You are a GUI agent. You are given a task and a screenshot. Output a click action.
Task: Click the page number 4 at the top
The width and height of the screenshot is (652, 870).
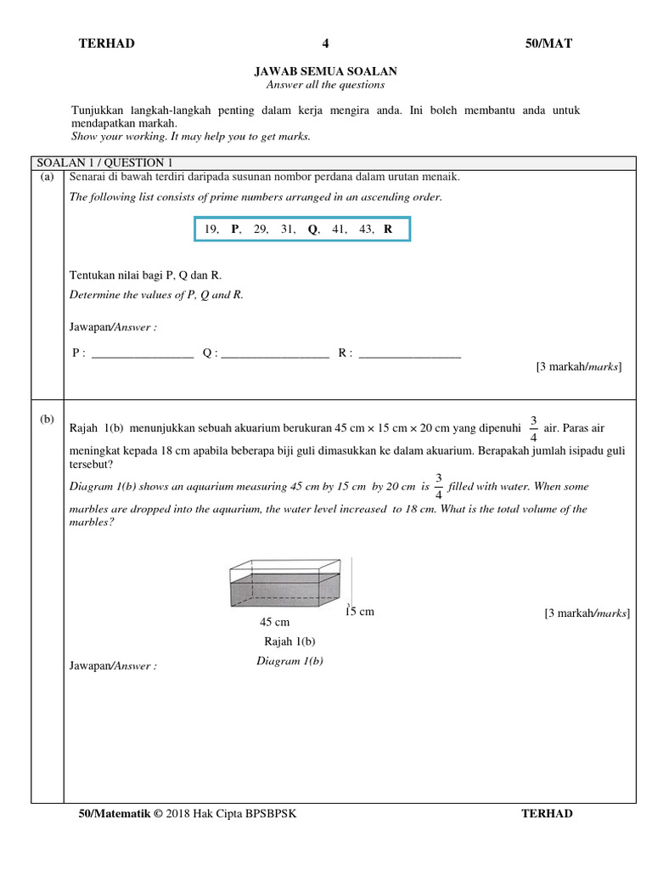325,44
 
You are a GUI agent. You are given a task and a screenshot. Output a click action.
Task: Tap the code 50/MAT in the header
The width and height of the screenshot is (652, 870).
548,44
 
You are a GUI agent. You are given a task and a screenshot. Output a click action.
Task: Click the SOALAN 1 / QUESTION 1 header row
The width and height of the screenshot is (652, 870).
104,163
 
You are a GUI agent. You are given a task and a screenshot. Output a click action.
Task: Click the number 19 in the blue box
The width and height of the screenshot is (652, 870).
211,229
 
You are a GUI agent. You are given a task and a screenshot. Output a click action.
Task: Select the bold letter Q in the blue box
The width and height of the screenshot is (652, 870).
312,229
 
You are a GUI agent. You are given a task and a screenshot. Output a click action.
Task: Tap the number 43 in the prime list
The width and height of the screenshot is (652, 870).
367,229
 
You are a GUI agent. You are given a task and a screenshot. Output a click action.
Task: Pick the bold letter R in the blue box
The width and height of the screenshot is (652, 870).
388,229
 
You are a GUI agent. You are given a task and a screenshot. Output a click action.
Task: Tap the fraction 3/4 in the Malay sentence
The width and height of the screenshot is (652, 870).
533,428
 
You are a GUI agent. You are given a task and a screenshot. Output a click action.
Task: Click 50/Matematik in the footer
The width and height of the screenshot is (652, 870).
114,814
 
